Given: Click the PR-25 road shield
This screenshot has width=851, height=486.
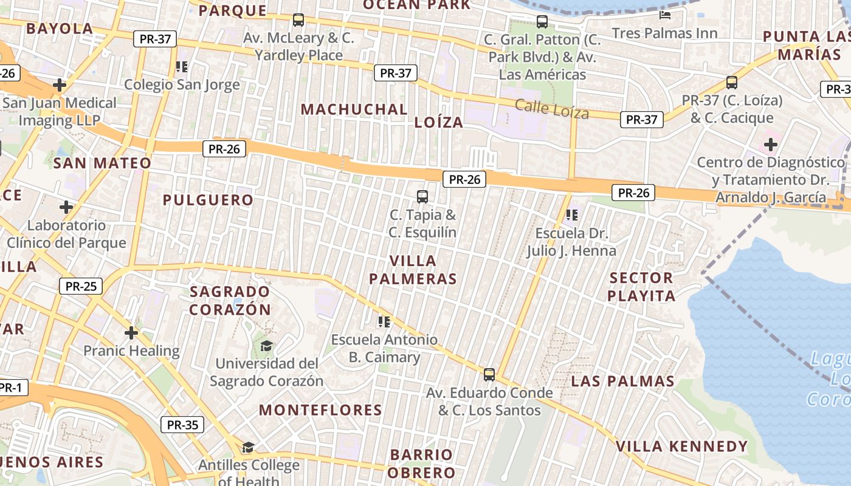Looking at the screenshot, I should point(81,286).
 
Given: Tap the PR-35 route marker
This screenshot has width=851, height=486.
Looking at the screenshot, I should point(182,425).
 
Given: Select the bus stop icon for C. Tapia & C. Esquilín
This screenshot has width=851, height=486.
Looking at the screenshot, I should point(422,197).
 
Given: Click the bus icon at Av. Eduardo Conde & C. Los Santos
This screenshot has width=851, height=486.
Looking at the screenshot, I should point(489,374).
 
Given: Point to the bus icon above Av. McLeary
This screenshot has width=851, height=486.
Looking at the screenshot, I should point(298,20).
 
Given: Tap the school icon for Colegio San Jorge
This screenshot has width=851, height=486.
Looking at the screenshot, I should point(181,67).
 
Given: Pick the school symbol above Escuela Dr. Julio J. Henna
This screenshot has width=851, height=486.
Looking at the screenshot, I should point(571,215).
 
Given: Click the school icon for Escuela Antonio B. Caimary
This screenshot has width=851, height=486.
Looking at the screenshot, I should point(384,321).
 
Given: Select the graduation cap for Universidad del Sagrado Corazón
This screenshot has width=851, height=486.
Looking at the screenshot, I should point(266,346).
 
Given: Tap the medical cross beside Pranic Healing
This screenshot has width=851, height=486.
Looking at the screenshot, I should point(131,333).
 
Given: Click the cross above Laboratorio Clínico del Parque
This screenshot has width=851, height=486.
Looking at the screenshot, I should point(66,207).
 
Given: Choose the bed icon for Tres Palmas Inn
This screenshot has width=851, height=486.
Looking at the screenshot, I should point(665,15).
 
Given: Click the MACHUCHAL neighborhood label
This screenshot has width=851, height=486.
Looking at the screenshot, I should point(354,109).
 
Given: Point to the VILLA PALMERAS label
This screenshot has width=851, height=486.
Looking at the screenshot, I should point(413,270).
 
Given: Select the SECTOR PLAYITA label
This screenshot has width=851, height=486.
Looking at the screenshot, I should point(642,287).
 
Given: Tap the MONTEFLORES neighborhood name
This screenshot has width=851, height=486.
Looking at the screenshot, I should point(320,410).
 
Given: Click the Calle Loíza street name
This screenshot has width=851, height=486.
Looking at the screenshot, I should point(552,109).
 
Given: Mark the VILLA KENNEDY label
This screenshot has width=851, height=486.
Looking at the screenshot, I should point(681,447).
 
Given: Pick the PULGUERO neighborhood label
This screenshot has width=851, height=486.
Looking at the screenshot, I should point(208,200).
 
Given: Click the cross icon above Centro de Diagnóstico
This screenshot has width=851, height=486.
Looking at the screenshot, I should point(771,145).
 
